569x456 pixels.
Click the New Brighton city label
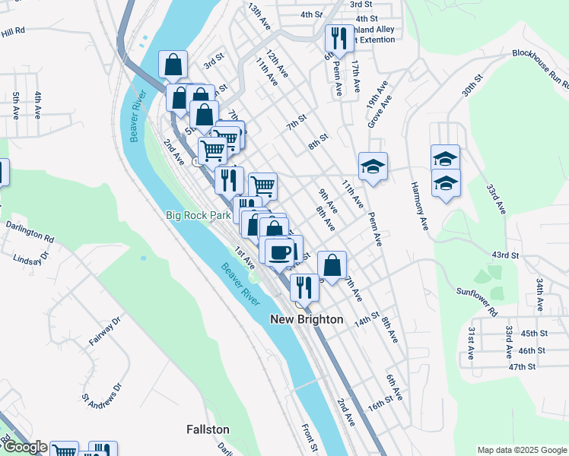click(x=307, y=320)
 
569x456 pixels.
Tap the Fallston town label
click(x=208, y=429)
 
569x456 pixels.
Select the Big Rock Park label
click(x=199, y=215)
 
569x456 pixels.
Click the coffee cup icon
click(x=279, y=251)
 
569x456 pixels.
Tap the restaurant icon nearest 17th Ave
click(x=336, y=38)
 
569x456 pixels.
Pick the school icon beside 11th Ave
click(x=374, y=166)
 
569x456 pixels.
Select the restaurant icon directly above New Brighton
click(x=304, y=287)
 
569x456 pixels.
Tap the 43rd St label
click(x=504, y=255)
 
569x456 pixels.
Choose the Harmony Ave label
click(x=420, y=207)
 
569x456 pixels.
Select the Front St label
click(x=309, y=439)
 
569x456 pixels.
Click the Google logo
click(x=24, y=447)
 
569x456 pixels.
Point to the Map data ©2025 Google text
click(x=521, y=450)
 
